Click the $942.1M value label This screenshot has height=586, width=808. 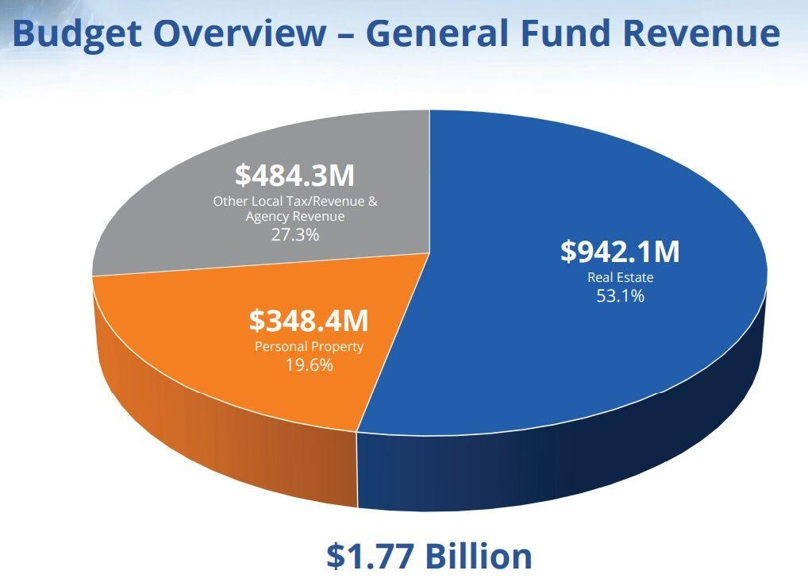pyautogui.click(x=620, y=252)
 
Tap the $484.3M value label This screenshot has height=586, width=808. pyautogui.click(x=294, y=175)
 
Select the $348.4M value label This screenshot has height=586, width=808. pyautogui.click(x=308, y=322)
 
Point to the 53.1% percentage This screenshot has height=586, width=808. pyautogui.click(x=620, y=296)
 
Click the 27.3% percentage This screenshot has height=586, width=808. pyautogui.click(x=295, y=234)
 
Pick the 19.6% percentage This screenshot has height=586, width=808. pyautogui.click(x=309, y=365)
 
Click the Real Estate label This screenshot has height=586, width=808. pyautogui.click(x=620, y=278)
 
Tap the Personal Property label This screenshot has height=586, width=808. pyautogui.click(x=309, y=347)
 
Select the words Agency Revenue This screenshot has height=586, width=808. pyautogui.click(x=295, y=216)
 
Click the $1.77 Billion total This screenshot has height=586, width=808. pyautogui.click(x=429, y=556)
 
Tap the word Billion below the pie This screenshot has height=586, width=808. pyautogui.click(x=477, y=556)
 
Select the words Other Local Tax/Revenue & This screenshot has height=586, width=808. pyautogui.click(x=295, y=201)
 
